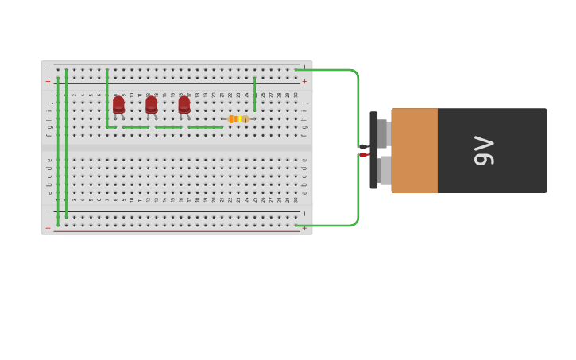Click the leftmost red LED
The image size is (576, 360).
(x=118, y=105)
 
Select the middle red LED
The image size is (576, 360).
(x=151, y=105)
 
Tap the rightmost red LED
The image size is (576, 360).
(x=184, y=105)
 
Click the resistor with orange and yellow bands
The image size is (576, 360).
(x=238, y=119)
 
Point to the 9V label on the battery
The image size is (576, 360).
(x=484, y=150)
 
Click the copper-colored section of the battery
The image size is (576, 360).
(x=414, y=150)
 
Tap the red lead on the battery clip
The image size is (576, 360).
(x=363, y=155)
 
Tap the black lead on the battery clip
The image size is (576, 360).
(x=363, y=146)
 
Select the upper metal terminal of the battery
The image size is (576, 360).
(x=382, y=134)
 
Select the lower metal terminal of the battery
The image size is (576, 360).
(x=385, y=170)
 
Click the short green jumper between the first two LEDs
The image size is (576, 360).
(x=136, y=127)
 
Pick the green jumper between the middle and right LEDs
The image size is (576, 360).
(x=168, y=127)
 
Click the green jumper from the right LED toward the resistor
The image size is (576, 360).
(x=205, y=127)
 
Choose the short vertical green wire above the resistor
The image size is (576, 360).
(x=254, y=94)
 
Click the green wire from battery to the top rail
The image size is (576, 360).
(x=334, y=70)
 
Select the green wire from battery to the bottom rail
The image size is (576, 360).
(x=334, y=225)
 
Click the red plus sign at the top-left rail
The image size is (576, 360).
(x=48, y=81)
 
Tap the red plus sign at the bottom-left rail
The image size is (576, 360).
(x=48, y=228)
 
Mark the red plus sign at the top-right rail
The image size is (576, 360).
(x=304, y=81)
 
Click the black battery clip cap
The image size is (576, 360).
(x=373, y=150)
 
